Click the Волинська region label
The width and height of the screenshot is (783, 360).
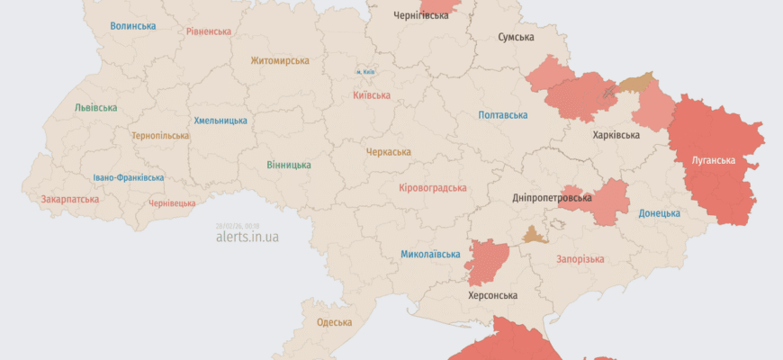coord(133,26)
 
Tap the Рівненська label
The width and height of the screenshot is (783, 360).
coord(209,31)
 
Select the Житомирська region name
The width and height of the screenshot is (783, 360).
coord(280,61)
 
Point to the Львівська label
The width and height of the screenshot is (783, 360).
coord(95,108)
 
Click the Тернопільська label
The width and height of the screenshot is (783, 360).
coord(160,136)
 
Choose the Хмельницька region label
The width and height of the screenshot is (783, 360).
coord(220,121)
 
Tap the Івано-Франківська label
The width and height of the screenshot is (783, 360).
coord(129,178)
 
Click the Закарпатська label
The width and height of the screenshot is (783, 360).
coord(70,199)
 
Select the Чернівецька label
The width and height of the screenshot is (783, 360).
coord(171,203)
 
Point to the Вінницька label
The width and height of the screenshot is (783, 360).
coord(289,166)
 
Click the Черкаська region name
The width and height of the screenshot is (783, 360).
coord(388,152)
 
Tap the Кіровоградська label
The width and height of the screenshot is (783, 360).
coord(432,188)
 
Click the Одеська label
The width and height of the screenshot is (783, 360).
coord(334,322)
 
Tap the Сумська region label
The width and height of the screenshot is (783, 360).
coord(517,38)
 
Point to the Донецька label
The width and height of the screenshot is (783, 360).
coord(659,213)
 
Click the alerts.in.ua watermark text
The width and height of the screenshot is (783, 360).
coord(247,238)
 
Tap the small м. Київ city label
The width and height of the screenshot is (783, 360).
coord(364,72)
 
